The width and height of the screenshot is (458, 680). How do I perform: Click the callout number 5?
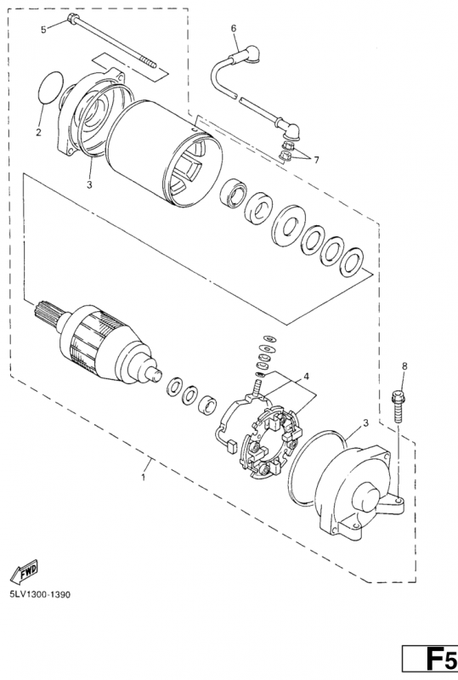coord(44,30)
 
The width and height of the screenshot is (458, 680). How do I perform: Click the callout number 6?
coord(234,29)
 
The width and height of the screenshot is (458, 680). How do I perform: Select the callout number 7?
coord(317,160)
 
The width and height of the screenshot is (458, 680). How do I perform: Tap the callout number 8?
coord(404,365)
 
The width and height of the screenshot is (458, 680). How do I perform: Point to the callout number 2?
coord(38,133)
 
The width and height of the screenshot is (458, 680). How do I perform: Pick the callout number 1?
coord(144,477)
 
